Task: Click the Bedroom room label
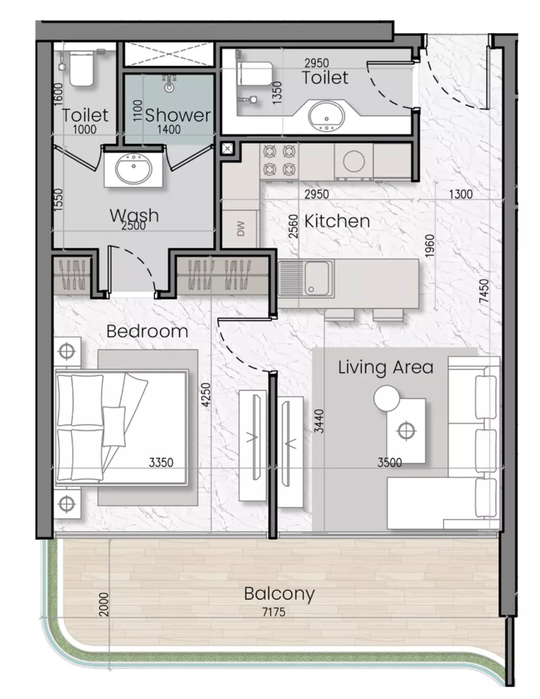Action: pyautogui.click(x=147, y=331)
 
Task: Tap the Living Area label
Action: pyautogui.click(x=386, y=367)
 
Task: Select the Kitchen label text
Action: pyautogui.click(x=337, y=221)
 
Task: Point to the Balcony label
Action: pyautogui.click(x=279, y=594)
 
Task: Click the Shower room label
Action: pyautogui.click(x=178, y=115)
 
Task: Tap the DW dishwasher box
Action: pyautogui.click(x=241, y=229)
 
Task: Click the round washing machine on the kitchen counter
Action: pyautogui.click(x=353, y=161)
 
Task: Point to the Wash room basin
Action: pyautogui.click(x=133, y=168)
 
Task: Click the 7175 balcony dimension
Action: pyautogui.click(x=273, y=612)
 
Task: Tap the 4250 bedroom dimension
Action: pyautogui.click(x=206, y=395)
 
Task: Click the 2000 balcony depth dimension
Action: pyautogui.click(x=104, y=604)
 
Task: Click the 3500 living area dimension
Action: pyautogui.click(x=389, y=462)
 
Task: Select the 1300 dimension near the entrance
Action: pyautogui.click(x=461, y=194)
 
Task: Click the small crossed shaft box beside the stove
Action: pyautogui.click(x=228, y=149)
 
